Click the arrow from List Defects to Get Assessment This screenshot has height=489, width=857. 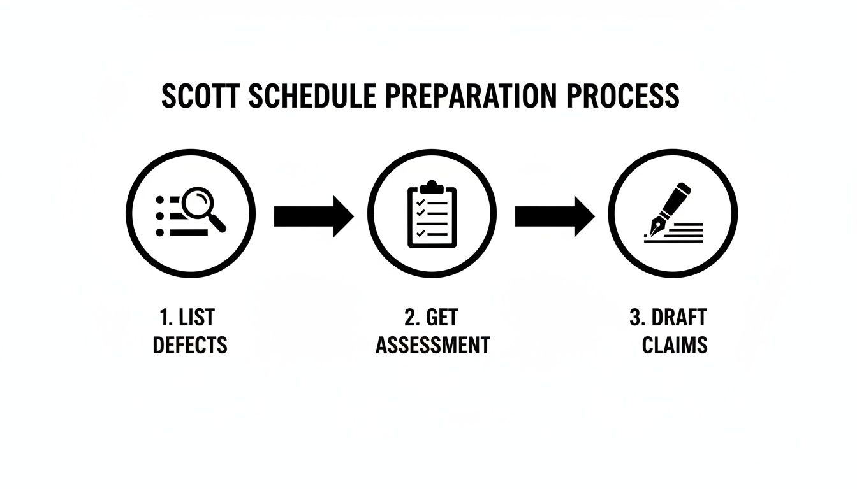click(x=313, y=216)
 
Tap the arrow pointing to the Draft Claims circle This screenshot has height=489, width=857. click(x=554, y=216)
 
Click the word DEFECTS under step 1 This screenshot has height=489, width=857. click(x=190, y=346)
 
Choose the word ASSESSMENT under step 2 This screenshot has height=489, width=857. click(x=432, y=346)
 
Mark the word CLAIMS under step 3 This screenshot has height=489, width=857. click(x=675, y=346)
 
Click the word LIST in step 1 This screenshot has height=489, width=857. click(x=197, y=317)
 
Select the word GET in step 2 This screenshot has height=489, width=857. click(x=441, y=317)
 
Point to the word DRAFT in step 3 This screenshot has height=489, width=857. click(x=680, y=317)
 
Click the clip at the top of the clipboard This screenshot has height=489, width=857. click(x=432, y=187)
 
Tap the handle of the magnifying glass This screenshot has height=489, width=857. click(x=217, y=222)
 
